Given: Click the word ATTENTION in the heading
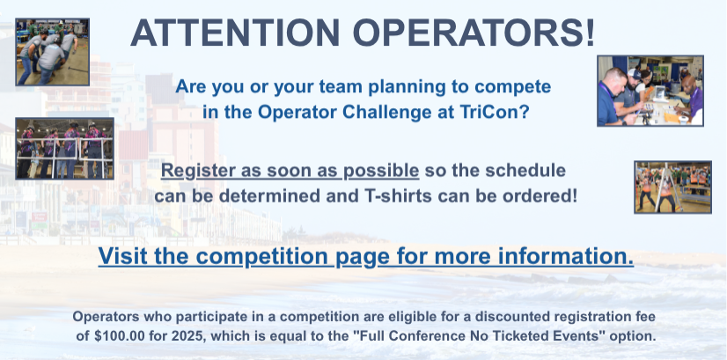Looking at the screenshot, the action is (x=236, y=33).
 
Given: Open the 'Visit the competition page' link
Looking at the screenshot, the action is (x=366, y=256).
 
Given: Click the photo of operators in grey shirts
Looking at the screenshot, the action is (x=53, y=52).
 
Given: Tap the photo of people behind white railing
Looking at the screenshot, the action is (x=64, y=149).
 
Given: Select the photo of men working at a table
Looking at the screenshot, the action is (x=650, y=91).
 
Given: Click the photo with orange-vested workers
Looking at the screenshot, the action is (x=672, y=187).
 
